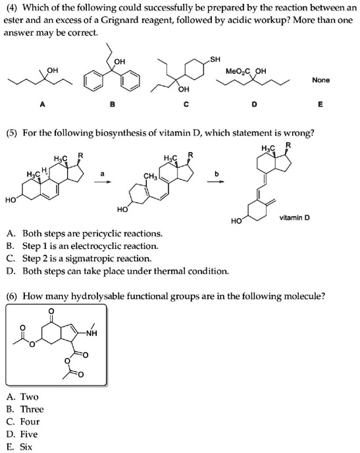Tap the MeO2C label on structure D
tap(236, 70)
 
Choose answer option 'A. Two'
tap(23, 396)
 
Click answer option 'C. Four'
tap(23, 421)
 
